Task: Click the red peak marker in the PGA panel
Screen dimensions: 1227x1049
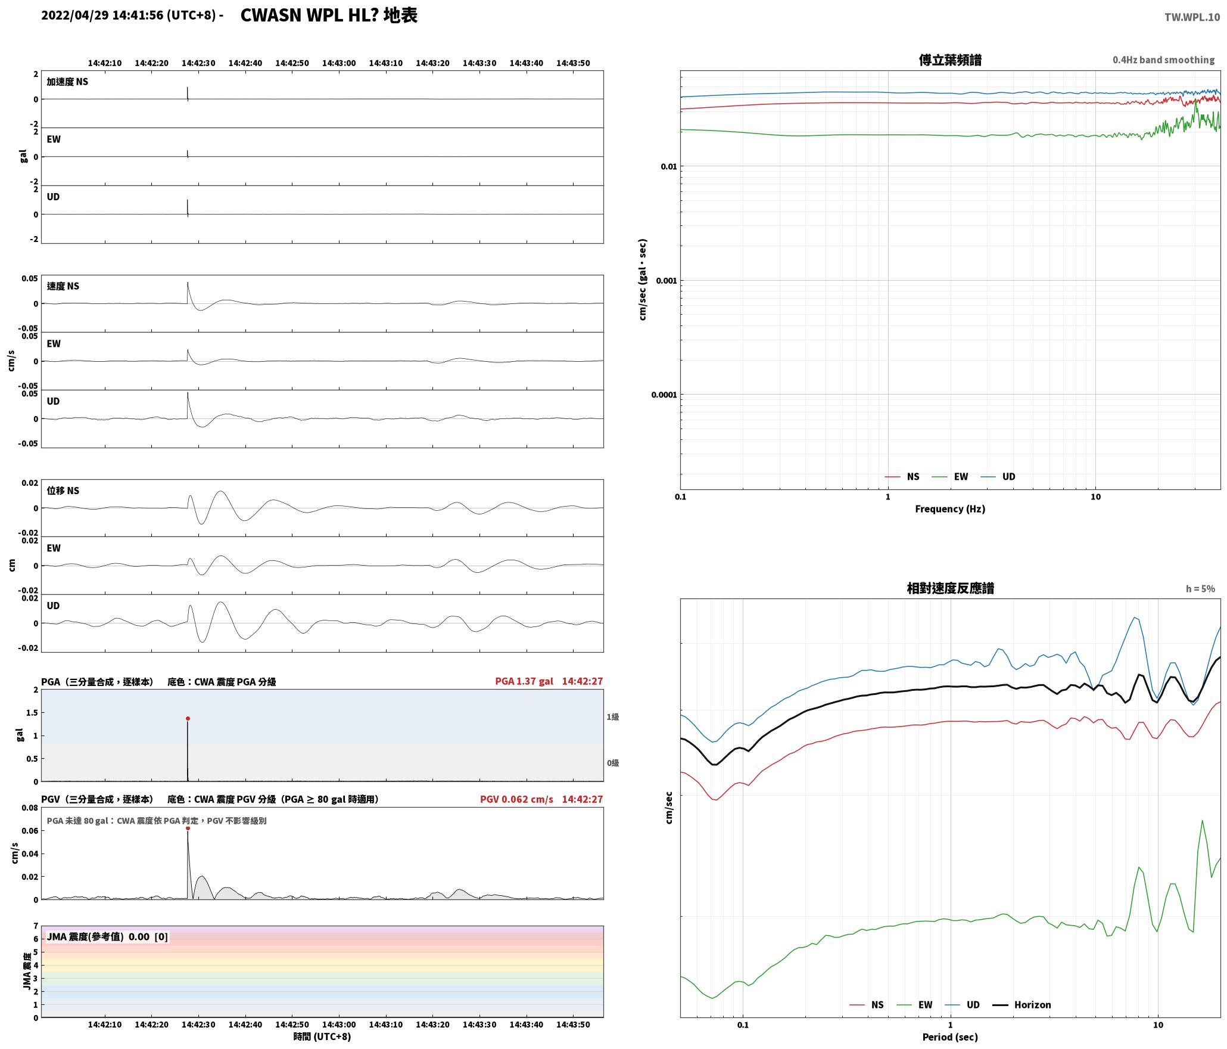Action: pos(188,719)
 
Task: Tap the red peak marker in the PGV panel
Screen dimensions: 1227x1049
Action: pos(188,828)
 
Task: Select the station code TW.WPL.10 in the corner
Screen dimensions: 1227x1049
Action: pos(1192,17)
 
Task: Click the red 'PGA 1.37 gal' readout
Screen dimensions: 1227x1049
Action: pos(524,681)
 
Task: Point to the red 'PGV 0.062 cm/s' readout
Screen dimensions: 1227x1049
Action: pos(516,799)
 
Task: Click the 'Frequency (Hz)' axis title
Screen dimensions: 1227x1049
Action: pos(950,509)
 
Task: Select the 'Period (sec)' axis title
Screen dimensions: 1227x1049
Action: pos(950,1037)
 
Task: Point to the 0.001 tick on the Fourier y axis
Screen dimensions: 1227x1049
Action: pos(667,281)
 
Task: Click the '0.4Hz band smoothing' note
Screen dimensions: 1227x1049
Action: pos(1163,60)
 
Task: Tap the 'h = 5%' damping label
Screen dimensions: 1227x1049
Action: pos(1200,589)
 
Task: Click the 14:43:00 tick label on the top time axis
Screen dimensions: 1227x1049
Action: pos(339,63)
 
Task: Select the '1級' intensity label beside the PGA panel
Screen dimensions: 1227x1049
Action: pos(613,717)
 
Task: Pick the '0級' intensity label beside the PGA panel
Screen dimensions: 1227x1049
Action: pos(613,763)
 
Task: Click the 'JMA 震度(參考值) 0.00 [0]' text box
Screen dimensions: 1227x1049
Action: pos(107,937)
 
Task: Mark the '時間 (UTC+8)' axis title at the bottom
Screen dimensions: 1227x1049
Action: pos(322,1036)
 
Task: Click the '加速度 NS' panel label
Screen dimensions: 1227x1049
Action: pos(67,82)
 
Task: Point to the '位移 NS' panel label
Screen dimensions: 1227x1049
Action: pos(63,491)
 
